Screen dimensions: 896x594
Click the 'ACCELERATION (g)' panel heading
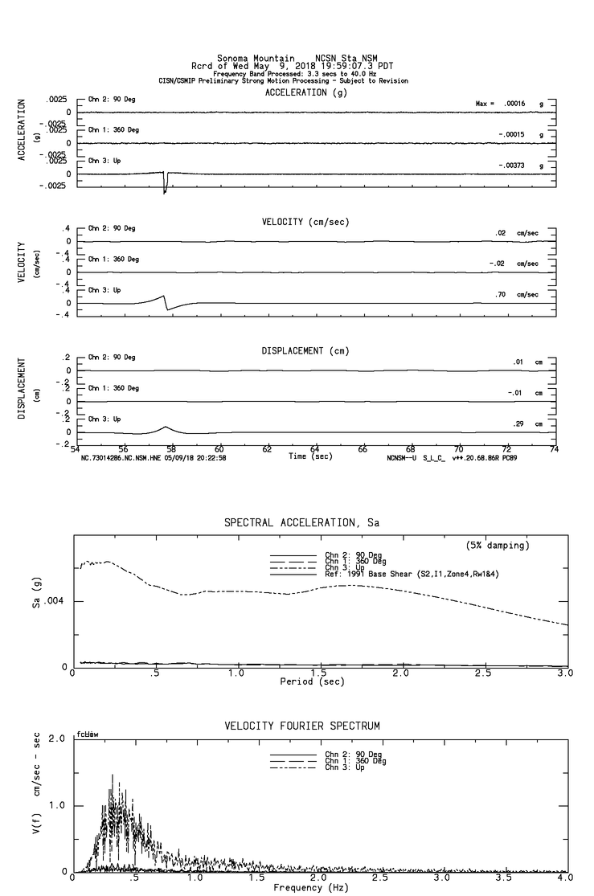(306, 92)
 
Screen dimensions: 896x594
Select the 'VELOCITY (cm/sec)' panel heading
(305, 222)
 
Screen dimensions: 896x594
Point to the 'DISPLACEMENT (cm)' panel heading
(305, 351)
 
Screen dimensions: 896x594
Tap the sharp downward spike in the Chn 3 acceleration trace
(165, 190)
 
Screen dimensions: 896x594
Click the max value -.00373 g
(511, 166)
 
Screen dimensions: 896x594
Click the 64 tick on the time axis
(314, 450)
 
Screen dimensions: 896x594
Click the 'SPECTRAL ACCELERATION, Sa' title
(301, 523)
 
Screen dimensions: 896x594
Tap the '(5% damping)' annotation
(498, 546)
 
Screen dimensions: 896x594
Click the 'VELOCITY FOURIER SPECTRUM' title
(301, 726)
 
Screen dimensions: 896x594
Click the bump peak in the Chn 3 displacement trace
(166, 427)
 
